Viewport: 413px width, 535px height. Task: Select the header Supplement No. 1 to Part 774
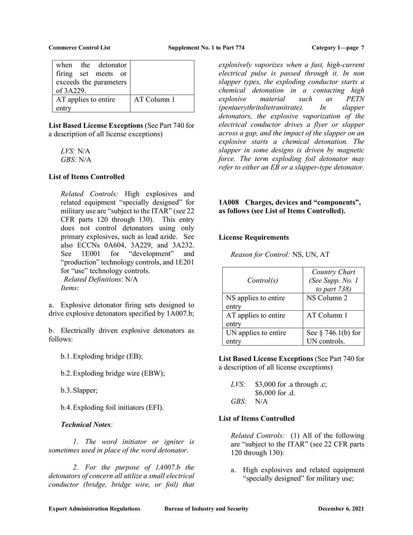pyautogui.click(x=206, y=48)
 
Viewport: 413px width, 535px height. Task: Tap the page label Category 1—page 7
pyautogui.click(x=337, y=48)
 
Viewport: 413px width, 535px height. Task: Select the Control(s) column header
pyautogui.click(x=262, y=280)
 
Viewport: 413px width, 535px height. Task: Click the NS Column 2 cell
pyautogui.click(x=326, y=297)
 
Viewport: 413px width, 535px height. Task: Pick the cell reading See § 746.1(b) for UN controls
pyautogui.click(x=333, y=337)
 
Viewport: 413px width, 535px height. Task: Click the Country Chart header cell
pyautogui.click(x=333, y=280)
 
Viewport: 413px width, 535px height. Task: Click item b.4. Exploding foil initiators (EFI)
pyautogui.click(x=112, y=407)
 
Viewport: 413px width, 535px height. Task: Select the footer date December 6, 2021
pyautogui.click(x=341, y=508)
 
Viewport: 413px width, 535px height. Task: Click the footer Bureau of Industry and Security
pyautogui.click(x=206, y=508)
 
